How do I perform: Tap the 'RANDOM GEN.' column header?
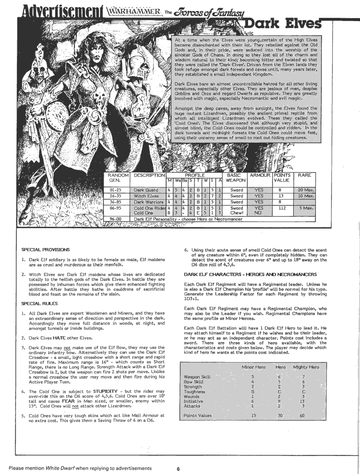click(x=117, y=177)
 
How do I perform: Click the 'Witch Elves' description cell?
click(x=145, y=196)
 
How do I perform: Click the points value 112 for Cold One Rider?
click(x=282, y=208)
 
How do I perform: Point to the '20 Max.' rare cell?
click(x=304, y=190)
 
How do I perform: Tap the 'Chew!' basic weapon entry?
click(x=237, y=213)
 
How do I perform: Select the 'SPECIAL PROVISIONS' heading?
click(x=46, y=249)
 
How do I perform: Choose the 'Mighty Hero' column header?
click(x=306, y=367)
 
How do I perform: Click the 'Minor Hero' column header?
click(x=253, y=367)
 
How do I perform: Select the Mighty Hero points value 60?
click(x=302, y=415)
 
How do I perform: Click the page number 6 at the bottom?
click(x=178, y=469)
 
